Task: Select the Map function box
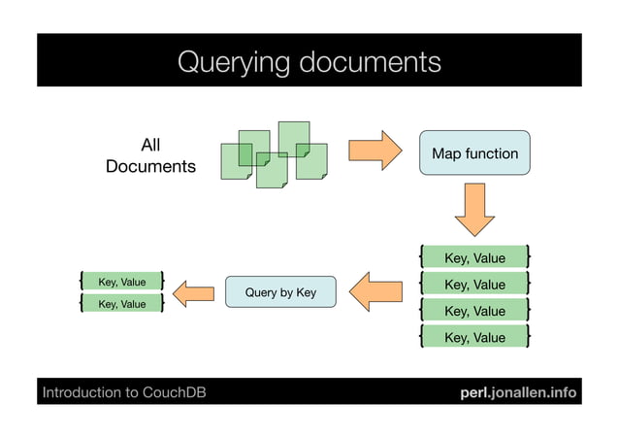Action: [x=474, y=153]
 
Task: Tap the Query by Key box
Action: [x=280, y=292]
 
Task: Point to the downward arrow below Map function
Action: [x=474, y=209]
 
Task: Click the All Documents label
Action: [x=150, y=156]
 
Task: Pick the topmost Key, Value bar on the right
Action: [x=474, y=257]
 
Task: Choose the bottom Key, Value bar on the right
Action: [x=474, y=337]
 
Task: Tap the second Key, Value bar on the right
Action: [x=474, y=285]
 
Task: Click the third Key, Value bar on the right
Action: [x=474, y=311]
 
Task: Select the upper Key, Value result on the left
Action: [x=121, y=282]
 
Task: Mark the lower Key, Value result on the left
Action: [x=121, y=304]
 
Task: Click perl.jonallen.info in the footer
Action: [x=518, y=393]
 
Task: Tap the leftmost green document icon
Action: [x=234, y=161]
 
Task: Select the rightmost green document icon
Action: [x=311, y=161]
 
